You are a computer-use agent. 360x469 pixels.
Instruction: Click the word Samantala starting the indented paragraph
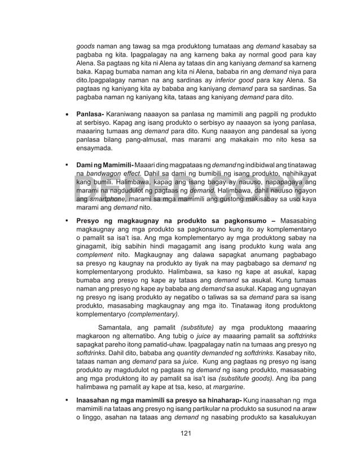click(x=117, y=327)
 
